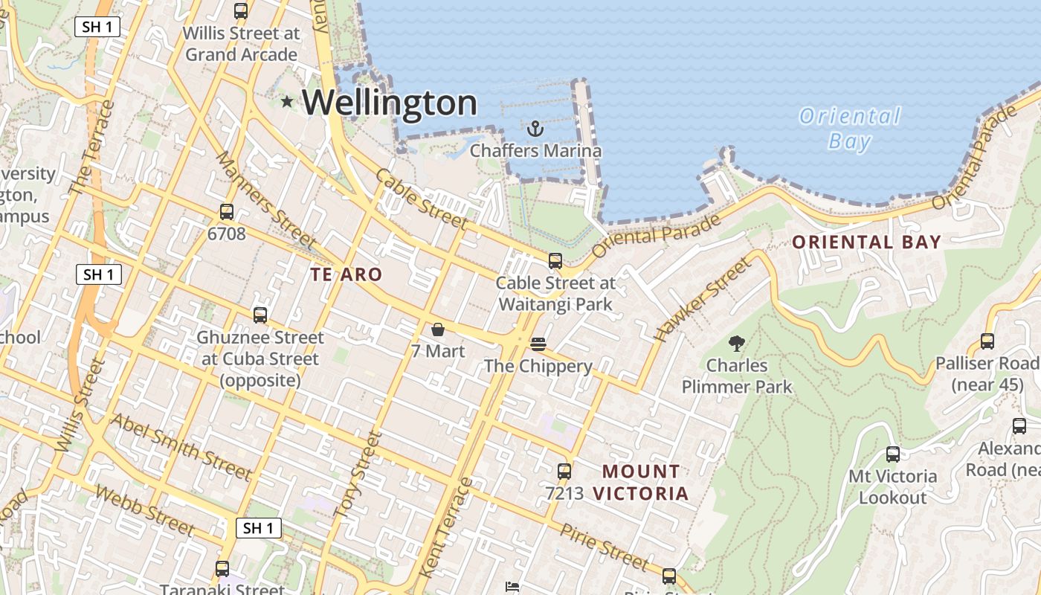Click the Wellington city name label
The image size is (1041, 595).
[389, 103]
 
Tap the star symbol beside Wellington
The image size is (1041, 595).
[287, 101]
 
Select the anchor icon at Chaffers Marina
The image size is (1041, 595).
[535, 129]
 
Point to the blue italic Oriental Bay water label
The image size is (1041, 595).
[849, 129]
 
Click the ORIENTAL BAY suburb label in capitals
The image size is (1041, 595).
[866, 242]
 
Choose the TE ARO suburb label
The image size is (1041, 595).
[346, 274]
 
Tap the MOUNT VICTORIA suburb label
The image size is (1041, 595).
[641, 482]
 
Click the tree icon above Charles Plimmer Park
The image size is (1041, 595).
[737, 344]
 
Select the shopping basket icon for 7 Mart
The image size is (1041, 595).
[438, 329]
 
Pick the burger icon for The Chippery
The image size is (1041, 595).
[538, 344]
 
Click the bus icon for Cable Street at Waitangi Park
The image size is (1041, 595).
[555, 261]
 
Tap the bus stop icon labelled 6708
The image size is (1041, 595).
[227, 212]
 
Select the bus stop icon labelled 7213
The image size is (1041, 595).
[564, 471]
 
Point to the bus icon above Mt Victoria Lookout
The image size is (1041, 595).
[892, 454]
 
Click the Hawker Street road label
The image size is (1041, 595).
[701, 299]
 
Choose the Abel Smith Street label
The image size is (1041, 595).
[181, 446]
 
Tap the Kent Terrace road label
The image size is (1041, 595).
[446, 528]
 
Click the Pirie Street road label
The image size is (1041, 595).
[604, 546]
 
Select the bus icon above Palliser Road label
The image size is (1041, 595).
[987, 341]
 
